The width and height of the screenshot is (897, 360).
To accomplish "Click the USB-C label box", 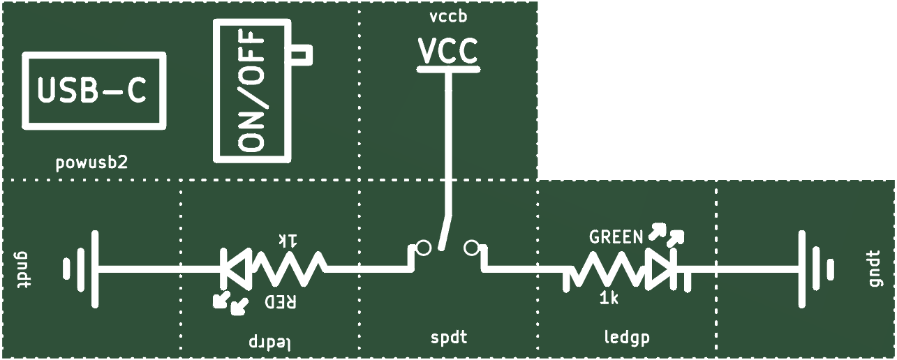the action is click(94, 54).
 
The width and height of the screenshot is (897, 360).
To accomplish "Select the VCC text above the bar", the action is click(448, 51).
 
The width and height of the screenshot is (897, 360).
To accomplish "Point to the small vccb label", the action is click(448, 17).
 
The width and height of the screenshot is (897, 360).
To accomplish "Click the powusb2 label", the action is click(91, 163).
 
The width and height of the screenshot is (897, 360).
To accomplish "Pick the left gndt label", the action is click(23, 269).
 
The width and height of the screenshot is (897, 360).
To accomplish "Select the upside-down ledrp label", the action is click(269, 342).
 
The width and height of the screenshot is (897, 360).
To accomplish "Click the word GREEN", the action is click(616, 237).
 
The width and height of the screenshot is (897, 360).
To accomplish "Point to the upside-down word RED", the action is click(281, 302).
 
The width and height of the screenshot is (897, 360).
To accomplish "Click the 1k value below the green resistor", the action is click(609, 299).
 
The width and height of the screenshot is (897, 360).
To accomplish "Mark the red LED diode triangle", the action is click(237, 269).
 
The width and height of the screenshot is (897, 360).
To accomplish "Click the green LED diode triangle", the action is click(660, 269).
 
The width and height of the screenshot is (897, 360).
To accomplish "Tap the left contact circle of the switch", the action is click(424, 248).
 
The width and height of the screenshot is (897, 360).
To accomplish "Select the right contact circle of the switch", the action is click(471, 248).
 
